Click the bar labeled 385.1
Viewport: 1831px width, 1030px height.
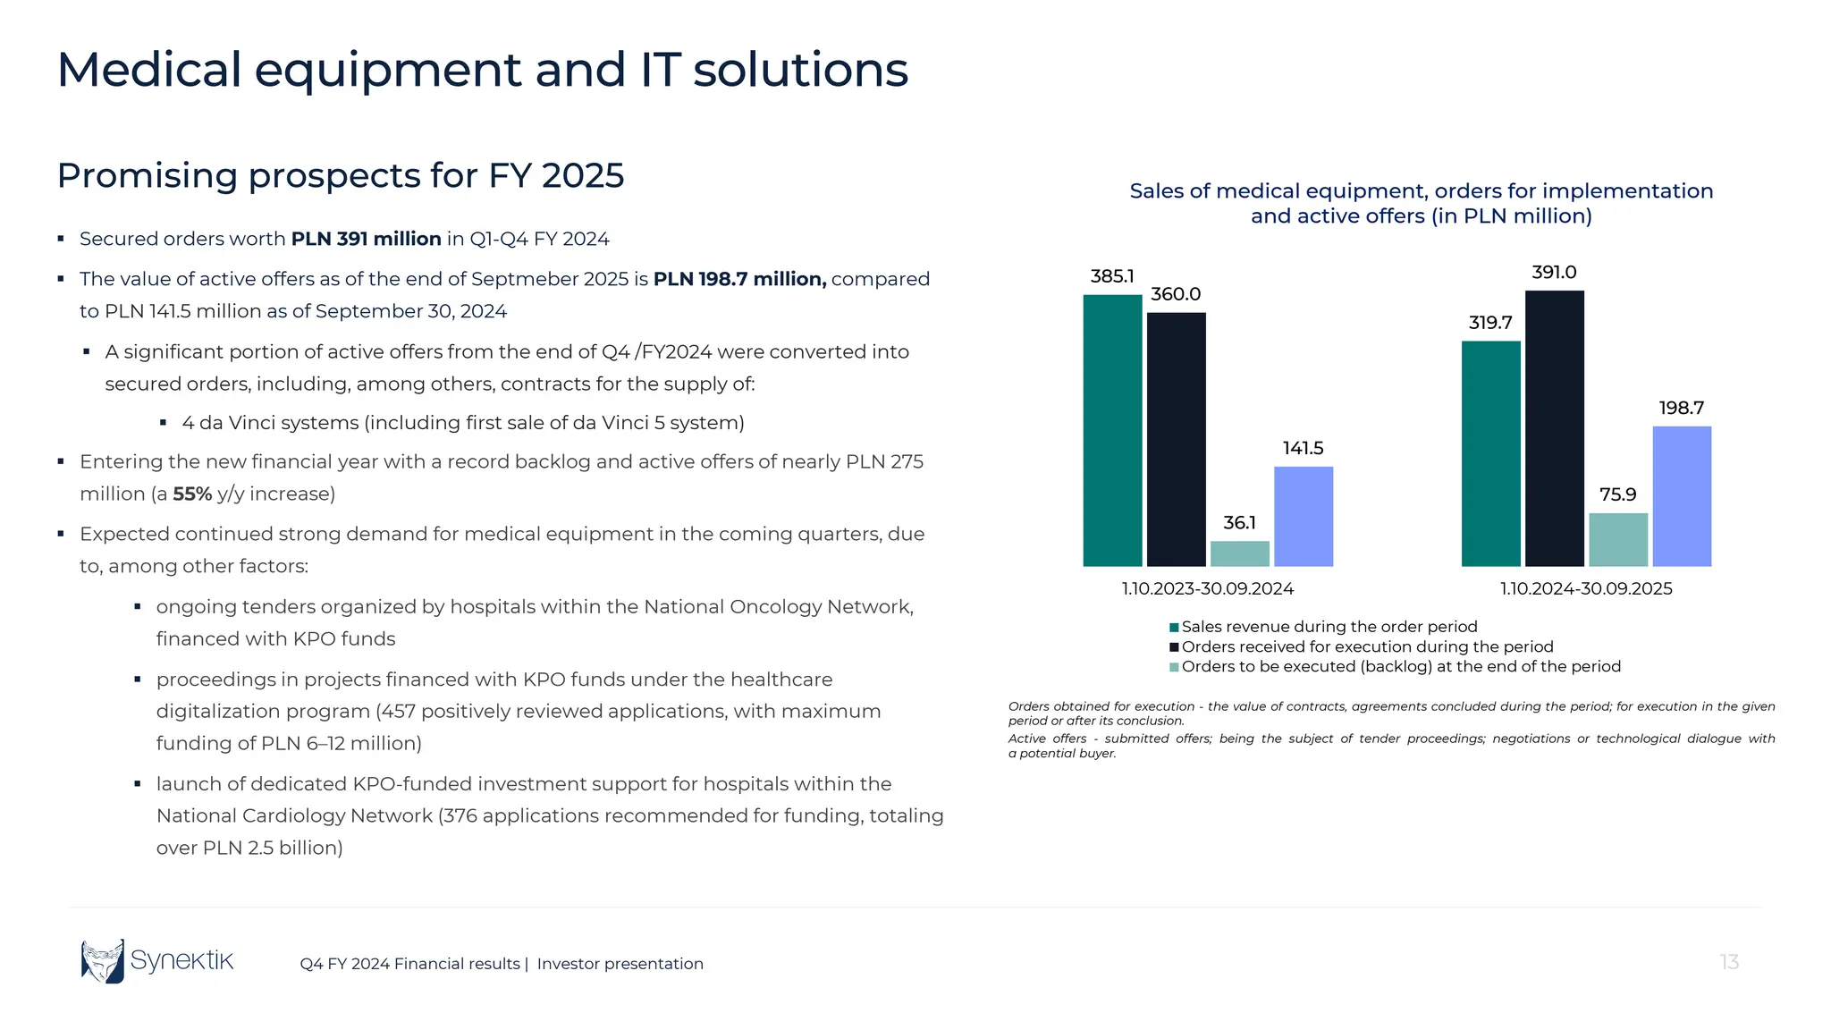(1112, 430)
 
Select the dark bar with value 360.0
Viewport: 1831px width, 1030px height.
(1176, 439)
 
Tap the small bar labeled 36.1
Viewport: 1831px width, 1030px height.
(1239, 553)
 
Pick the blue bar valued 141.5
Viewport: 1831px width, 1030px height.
(1303, 516)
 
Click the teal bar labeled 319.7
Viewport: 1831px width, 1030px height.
(1490, 453)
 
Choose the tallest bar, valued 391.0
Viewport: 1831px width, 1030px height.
(1554, 428)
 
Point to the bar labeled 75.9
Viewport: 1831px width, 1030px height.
(1617, 539)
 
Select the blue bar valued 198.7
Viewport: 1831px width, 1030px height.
(1681, 496)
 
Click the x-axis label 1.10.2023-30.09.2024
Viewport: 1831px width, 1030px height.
(1207, 588)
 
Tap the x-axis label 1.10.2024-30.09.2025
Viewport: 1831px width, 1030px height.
(1585, 588)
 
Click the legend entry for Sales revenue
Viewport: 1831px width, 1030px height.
(1328, 627)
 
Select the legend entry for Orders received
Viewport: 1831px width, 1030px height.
(1366, 646)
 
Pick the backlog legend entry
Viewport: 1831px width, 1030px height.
(1399, 666)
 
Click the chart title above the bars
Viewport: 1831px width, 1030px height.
(1421, 203)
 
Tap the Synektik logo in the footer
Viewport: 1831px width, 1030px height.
(157, 961)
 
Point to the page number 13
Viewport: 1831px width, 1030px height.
(1729, 962)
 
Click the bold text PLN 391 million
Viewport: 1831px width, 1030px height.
(366, 239)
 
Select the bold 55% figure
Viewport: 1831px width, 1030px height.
(192, 494)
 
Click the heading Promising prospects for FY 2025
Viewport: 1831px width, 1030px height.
(340, 175)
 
